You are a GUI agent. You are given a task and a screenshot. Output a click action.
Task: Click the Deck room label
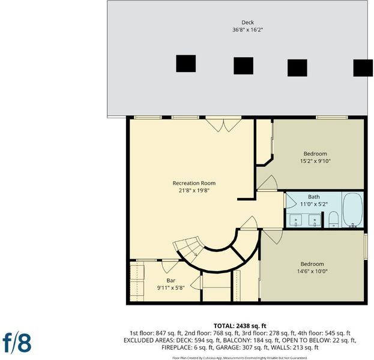[247, 22]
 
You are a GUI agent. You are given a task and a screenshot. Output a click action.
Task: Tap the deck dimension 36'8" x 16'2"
[247, 30]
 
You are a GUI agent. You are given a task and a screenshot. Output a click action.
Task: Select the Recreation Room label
[194, 183]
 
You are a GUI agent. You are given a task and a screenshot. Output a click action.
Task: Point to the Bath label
[313, 197]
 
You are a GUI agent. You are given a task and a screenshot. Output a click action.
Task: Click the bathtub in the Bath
[353, 210]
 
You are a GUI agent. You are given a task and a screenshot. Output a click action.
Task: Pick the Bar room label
[170, 280]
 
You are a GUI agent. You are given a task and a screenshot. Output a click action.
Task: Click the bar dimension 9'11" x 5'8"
[170, 288]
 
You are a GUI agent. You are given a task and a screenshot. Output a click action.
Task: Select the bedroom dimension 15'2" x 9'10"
[315, 161]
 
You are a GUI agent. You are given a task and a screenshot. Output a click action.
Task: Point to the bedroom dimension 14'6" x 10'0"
[312, 271]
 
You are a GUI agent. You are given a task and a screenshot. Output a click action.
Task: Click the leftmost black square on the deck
[186, 64]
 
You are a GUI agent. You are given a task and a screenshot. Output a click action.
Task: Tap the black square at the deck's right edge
[363, 68]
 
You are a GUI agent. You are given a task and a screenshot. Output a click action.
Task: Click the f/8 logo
[17, 343]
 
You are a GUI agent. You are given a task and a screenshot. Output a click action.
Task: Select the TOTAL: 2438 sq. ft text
[240, 326]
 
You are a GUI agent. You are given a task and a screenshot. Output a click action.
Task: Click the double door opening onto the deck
[223, 124]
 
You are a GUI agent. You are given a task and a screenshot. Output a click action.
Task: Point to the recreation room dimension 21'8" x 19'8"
[194, 190]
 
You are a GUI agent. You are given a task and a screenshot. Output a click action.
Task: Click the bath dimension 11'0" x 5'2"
[313, 204]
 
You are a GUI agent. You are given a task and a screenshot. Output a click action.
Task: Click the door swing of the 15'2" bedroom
[267, 183]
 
